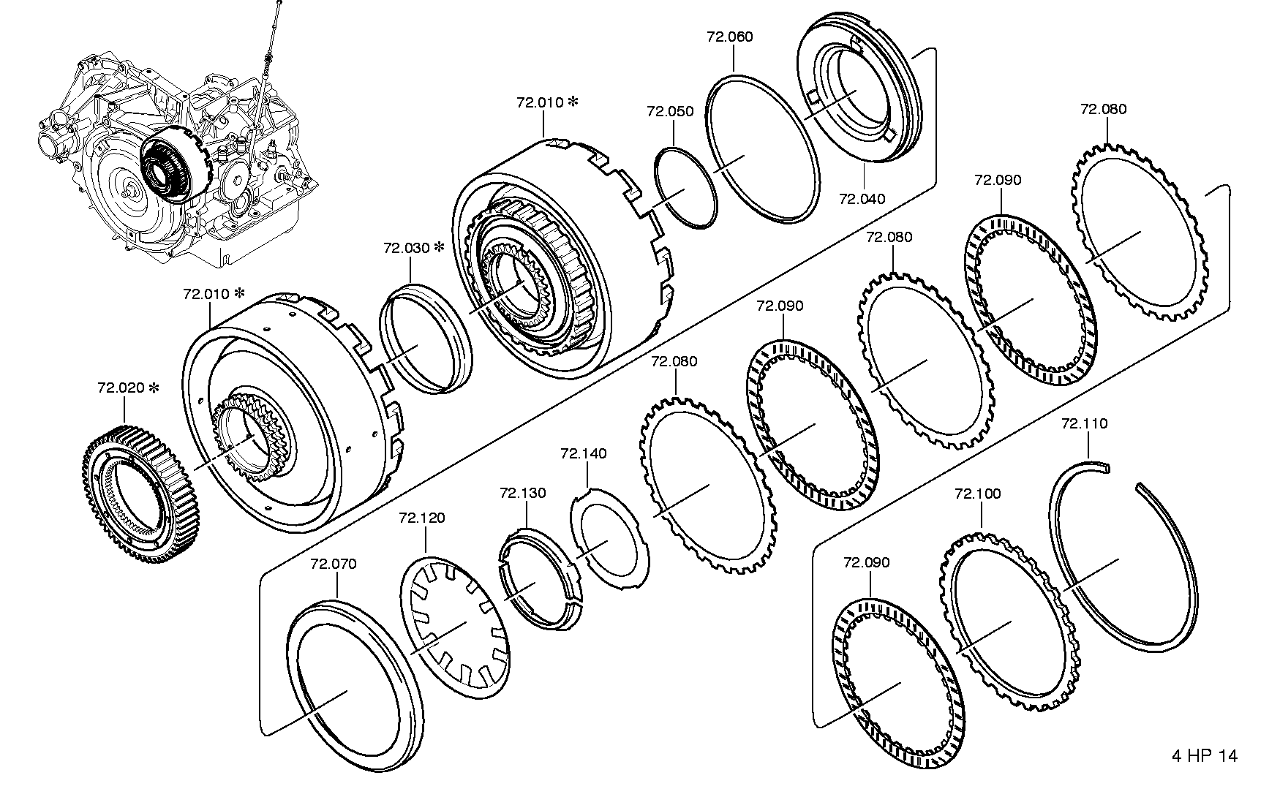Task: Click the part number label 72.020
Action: [121, 388]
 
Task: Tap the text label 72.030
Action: [406, 249]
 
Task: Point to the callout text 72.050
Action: [670, 112]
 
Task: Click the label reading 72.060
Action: [730, 37]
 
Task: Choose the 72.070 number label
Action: [334, 564]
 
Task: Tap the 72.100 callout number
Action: [978, 494]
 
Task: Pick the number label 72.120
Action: [422, 518]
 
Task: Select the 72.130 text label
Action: [523, 494]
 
